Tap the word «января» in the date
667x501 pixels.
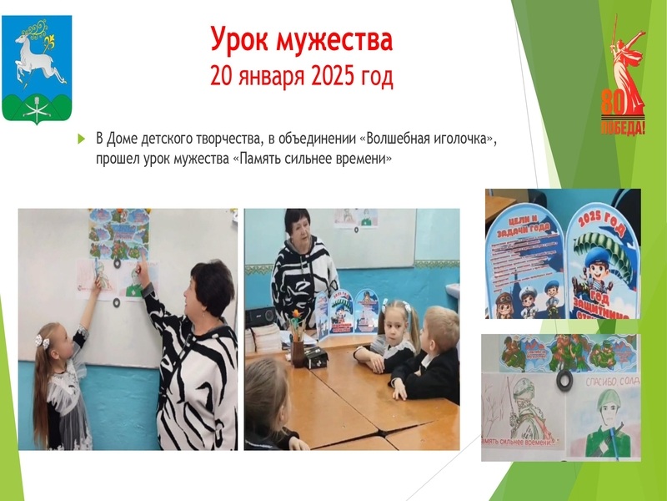pyautogui.click(x=258, y=78)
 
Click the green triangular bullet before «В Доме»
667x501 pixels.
pyautogui.click(x=82, y=138)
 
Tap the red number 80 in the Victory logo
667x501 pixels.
pyautogui.click(x=613, y=101)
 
